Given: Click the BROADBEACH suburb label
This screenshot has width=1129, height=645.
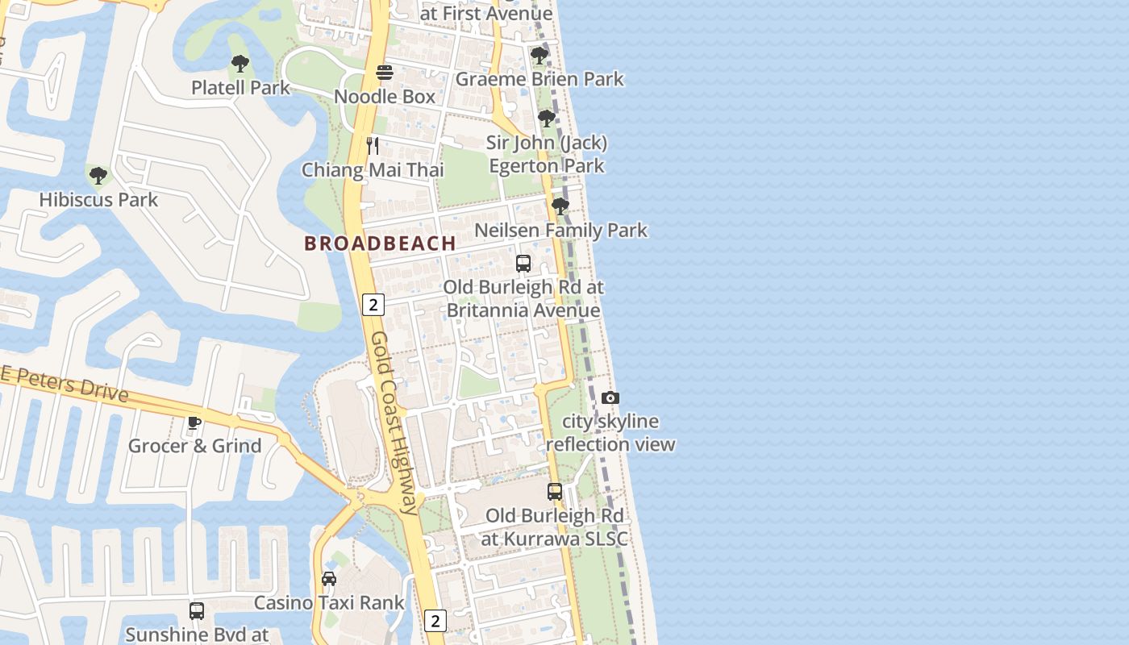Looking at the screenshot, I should click(380, 243).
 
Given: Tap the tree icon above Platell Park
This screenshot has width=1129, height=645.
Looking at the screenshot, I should click(240, 64).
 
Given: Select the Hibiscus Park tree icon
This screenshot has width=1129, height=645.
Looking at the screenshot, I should click(98, 175).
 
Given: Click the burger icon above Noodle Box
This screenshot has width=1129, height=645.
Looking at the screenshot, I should click(385, 73).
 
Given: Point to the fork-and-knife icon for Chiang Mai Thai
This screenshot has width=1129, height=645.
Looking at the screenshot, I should click(373, 146).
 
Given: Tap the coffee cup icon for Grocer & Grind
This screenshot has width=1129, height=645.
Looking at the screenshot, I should click(194, 422).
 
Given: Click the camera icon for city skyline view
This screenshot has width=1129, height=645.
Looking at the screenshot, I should click(610, 397).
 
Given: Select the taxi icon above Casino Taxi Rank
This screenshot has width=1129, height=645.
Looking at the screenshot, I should click(329, 578).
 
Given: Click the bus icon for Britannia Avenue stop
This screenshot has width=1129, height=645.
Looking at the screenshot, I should click(523, 263).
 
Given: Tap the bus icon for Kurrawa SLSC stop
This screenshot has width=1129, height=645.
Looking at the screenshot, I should click(555, 491).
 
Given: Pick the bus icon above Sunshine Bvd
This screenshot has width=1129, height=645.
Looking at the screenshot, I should click(197, 610).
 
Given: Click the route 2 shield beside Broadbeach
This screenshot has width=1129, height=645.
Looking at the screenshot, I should click(373, 305).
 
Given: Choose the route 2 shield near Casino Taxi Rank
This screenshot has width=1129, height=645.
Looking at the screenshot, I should click(435, 620).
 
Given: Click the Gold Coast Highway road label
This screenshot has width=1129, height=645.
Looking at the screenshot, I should click(396, 422).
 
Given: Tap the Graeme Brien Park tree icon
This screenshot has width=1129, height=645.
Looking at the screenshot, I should click(539, 56).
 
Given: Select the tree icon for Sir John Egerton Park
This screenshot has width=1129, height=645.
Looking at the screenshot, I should click(547, 119).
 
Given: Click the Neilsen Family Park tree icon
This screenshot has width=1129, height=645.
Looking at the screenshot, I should click(560, 206).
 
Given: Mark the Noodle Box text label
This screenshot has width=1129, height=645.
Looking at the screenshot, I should click(385, 97).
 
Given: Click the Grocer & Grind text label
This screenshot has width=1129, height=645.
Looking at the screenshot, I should click(195, 446).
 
